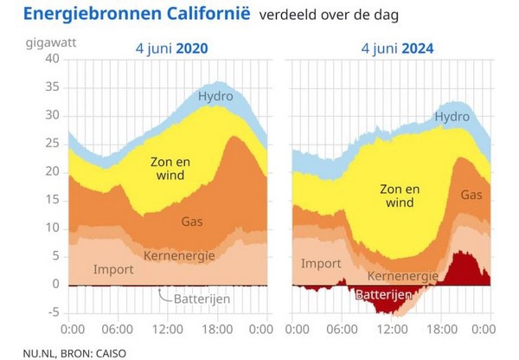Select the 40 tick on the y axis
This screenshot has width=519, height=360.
point(52,59)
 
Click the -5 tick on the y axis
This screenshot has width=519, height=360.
point(53,312)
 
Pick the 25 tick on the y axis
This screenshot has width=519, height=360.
point(52,144)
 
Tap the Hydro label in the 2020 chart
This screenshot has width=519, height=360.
point(215,95)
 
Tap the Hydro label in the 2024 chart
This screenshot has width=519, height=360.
point(452,116)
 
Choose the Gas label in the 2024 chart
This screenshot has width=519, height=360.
point(471,196)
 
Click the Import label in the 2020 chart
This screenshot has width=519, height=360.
point(113,269)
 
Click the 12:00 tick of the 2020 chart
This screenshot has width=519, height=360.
point(168,330)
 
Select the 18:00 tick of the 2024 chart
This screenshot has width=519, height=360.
point(444,330)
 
